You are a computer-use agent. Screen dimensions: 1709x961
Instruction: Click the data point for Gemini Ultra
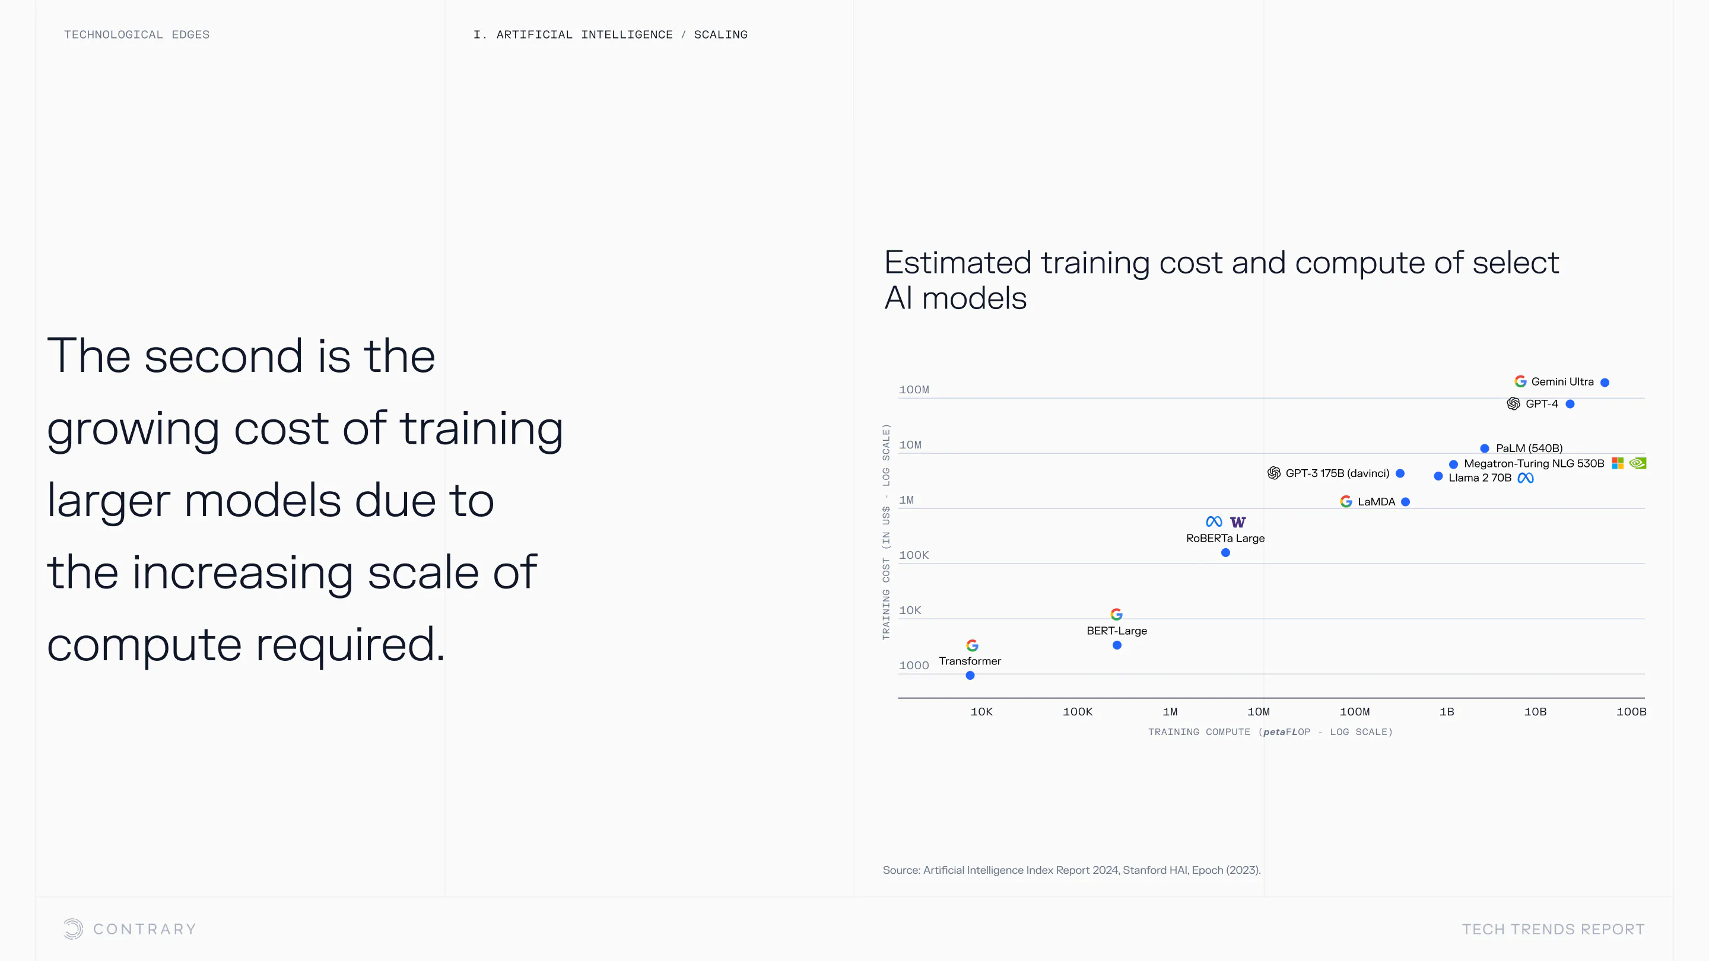(1605, 382)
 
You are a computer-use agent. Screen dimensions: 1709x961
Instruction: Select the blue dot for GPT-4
(1570, 404)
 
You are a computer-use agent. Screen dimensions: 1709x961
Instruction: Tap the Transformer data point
(970, 675)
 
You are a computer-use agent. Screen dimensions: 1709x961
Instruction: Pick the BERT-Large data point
(1117, 645)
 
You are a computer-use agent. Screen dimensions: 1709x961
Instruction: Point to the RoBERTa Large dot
(1225, 552)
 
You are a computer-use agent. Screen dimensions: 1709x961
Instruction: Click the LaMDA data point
(1405, 502)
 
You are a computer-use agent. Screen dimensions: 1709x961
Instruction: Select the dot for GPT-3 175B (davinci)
(1400, 473)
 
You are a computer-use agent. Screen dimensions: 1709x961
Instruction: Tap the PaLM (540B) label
(1529, 448)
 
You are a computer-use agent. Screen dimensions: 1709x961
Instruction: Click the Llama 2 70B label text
(1480, 478)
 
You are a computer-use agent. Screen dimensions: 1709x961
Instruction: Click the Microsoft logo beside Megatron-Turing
(1618, 463)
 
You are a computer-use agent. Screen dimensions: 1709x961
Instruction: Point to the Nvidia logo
(1637, 463)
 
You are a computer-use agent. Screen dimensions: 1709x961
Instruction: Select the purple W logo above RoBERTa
(1238, 522)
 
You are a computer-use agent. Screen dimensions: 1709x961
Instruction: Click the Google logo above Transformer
(972, 645)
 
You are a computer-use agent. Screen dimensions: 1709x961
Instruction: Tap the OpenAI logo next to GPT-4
(1513, 404)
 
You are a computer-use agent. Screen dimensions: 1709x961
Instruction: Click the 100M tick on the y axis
(914, 390)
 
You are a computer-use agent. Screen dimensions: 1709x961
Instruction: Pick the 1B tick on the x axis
(1447, 712)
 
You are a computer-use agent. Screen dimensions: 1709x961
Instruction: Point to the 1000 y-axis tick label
(914, 665)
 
